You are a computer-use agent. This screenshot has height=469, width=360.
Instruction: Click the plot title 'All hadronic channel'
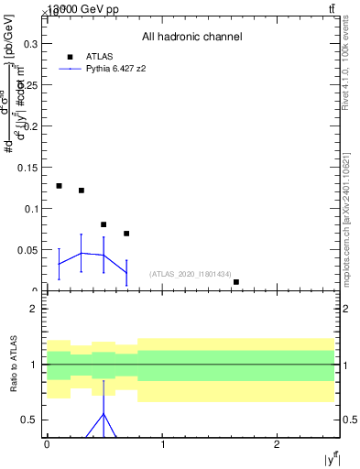pyautogui.click(x=191, y=37)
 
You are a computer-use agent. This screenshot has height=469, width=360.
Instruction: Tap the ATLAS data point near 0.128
pyautogui.click(x=59, y=186)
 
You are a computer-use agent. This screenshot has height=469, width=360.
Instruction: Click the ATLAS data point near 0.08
pyautogui.click(x=104, y=224)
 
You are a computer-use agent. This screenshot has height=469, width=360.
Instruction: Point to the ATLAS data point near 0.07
pyautogui.click(x=126, y=234)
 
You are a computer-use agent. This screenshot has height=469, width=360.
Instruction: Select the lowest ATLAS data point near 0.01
pyautogui.click(x=236, y=282)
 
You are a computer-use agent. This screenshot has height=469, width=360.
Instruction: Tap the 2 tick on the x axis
pyautogui.click(x=277, y=444)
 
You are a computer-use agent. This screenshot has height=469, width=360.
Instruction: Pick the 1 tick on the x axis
pyautogui.click(x=162, y=444)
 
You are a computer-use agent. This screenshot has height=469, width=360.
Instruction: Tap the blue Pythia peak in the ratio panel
pyautogui.click(x=104, y=413)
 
